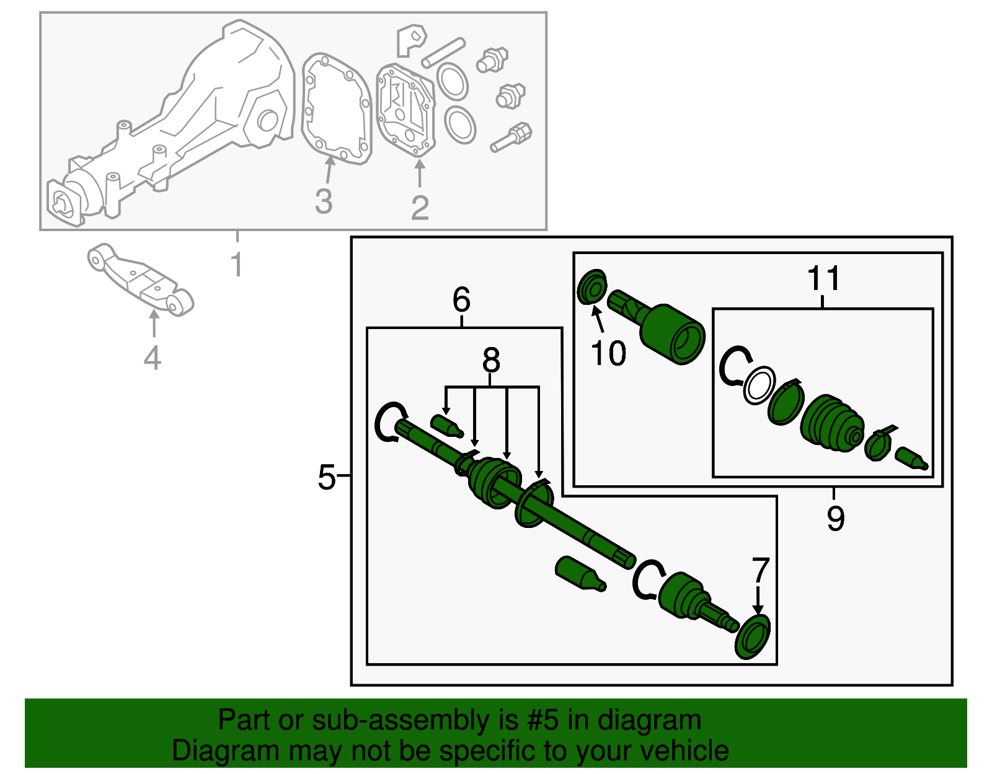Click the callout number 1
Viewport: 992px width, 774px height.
236,264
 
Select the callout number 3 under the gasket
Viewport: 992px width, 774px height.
324,201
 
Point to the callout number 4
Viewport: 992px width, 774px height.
153,358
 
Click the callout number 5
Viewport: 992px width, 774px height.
326,477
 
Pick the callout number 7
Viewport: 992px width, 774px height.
760,570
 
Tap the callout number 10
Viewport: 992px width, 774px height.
608,354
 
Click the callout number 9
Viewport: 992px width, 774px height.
835,517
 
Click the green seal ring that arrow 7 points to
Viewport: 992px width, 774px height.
753,637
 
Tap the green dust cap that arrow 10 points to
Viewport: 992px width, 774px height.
592,287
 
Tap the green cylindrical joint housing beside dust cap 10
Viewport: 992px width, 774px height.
671,333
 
